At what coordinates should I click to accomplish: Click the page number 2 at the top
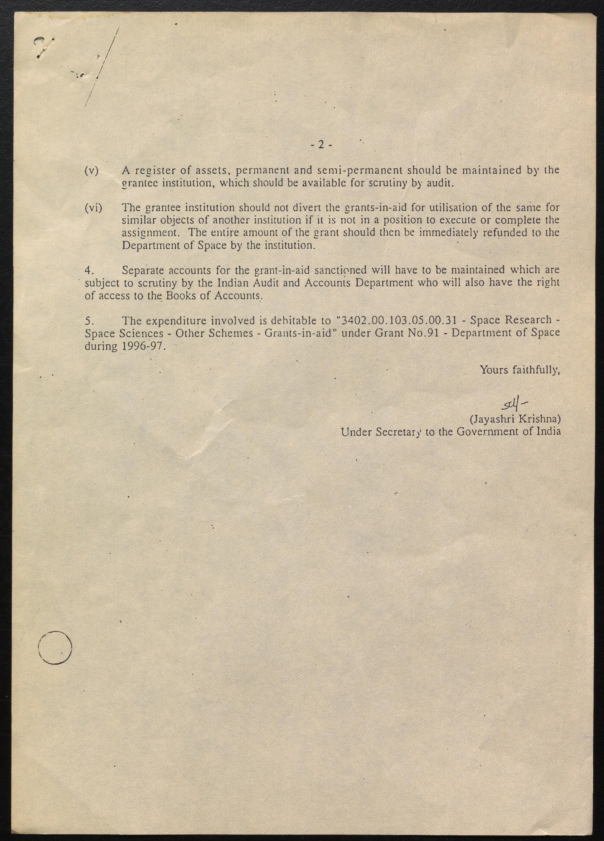click(321, 145)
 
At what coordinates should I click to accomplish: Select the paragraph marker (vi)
click(93, 208)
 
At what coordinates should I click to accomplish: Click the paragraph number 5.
click(89, 320)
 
